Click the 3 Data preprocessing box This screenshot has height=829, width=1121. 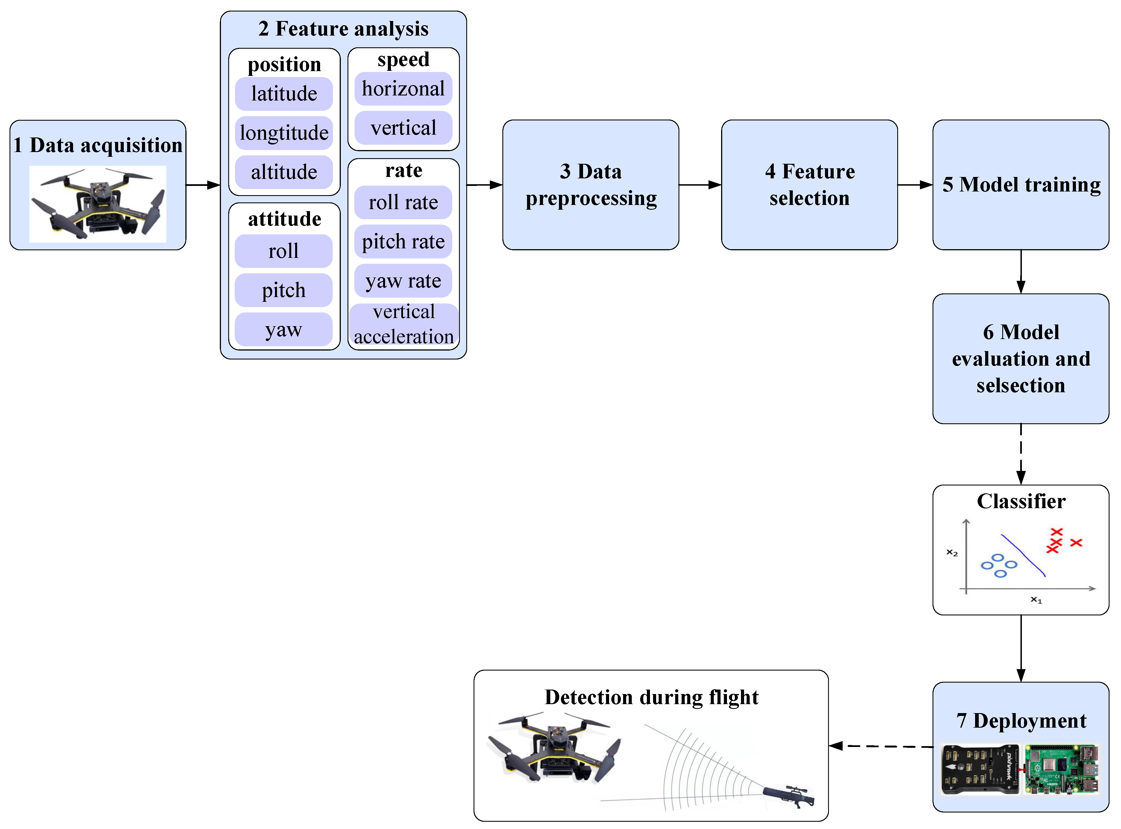(591, 185)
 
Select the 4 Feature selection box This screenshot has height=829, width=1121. (809, 185)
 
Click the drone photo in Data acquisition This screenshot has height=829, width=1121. (98, 204)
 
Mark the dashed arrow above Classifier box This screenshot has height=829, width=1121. (1021, 454)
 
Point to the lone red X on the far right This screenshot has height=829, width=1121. (1076, 543)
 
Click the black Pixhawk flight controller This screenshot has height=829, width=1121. (980, 769)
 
